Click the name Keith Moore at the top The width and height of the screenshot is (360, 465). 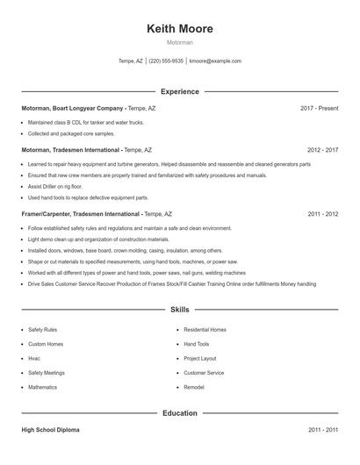coord(180,28)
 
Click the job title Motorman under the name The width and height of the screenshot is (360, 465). coord(180,42)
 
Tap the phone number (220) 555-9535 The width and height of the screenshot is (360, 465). coord(166,61)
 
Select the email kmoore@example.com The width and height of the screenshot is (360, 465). coord(214,61)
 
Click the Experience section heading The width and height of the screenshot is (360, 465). coord(179,91)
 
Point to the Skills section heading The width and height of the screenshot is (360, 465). coord(179,310)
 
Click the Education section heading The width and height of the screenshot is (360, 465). coord(179,412)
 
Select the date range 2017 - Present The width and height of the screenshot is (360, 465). coord(319,108)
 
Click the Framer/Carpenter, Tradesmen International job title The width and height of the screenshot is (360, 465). coord(81,214)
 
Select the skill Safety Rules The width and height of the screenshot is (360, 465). coord(42,330)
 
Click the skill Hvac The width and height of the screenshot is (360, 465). coord(35,359)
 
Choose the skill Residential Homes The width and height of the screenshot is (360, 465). coord(205,330)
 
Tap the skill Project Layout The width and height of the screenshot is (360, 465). coord(200,359)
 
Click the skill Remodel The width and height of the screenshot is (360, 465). coord(194,387)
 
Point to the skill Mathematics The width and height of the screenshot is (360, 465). coord(42,387)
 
